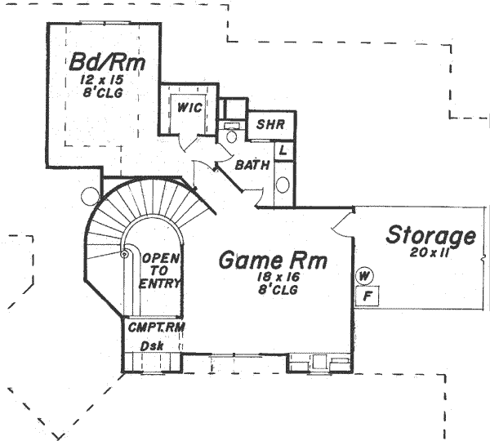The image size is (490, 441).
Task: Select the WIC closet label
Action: coord(189,107)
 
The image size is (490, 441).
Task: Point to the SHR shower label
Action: coord(269,125)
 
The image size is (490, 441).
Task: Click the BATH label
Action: coord(252,166)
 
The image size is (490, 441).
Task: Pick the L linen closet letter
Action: coord(283,150)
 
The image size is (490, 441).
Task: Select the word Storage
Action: coord(430,236)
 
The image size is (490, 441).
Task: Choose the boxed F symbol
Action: coord(367,294)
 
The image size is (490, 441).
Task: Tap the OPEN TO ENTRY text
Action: coord(160,270)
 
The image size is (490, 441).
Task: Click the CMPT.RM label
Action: coord(155,327)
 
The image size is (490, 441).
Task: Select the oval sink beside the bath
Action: coord(283,184)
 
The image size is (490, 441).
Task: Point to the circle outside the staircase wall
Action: coord(90,197)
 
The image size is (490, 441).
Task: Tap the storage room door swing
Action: coord(342,218)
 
